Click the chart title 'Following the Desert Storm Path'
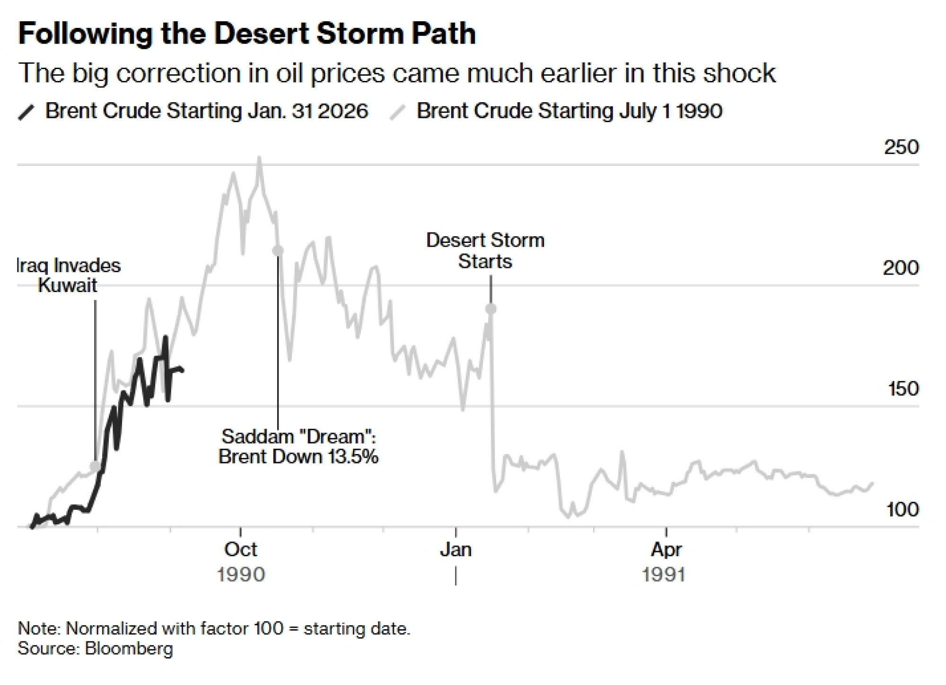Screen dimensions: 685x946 [x=246, y=34]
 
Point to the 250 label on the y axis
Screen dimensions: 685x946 [x=901, y=147]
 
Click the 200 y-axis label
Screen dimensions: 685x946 [x=901, y=268]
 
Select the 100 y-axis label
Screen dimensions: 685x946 [x=902, y=509]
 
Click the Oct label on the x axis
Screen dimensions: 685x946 [x=241, y=550]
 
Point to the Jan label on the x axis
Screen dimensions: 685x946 [x=456, y=550]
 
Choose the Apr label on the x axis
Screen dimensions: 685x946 [x=666, y=550]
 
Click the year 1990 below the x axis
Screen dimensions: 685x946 [x=241, y=575]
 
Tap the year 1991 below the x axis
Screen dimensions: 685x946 [x=664, y=575]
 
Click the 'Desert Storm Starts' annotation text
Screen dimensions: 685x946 [x=485, y=250]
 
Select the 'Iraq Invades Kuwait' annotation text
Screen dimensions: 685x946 [x=68, y=275]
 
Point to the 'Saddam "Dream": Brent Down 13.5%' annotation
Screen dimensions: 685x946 [x=298, y=446]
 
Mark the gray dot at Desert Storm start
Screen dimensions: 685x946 [x=491, y=309]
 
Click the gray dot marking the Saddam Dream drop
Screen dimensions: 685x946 [x=278, y=250]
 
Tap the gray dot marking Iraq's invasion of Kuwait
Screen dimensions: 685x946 [x=96, y=466]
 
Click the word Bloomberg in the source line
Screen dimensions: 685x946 [x=129, y=648]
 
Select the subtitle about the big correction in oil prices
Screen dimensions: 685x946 [x=397, y=73]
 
